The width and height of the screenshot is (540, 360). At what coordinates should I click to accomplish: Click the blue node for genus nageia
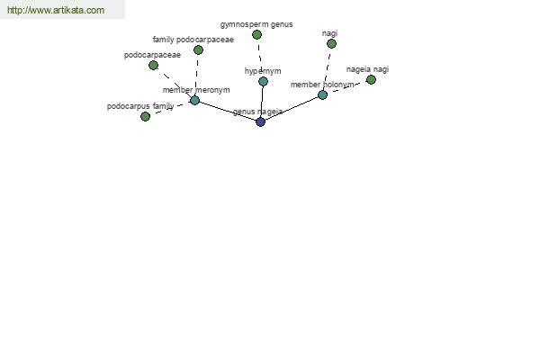(260, 121)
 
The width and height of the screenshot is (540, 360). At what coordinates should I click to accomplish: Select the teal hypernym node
(263, 82)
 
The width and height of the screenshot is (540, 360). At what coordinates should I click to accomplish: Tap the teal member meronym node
(195, 100)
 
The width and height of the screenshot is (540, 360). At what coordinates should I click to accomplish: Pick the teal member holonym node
(323, 94)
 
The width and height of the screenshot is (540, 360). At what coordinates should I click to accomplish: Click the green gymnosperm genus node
(256, 34)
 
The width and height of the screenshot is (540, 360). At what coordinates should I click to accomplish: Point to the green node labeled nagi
(331, 44)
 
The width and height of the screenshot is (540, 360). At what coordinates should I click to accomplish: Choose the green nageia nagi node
(371, 80)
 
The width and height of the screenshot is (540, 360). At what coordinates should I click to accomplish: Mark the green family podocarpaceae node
(198, 50)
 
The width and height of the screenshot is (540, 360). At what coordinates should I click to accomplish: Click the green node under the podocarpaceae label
(154, 65)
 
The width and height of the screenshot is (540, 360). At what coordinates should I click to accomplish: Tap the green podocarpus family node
(145, 116)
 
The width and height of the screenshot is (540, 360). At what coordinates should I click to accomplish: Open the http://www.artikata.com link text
(56, 10)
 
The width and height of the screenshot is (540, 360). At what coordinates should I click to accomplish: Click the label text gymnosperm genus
(256, 24)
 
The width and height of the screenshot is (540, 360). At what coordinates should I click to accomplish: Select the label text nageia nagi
(367, 69)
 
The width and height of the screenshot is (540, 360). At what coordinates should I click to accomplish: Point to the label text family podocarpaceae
(193, 40)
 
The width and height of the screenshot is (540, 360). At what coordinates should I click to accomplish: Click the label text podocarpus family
(140, 106)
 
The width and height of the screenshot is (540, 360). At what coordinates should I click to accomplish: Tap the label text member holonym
(322, 85)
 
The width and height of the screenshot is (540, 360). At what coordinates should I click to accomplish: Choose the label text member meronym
(196, 90)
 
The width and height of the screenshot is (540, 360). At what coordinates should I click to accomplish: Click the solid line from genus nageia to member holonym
(292, 108)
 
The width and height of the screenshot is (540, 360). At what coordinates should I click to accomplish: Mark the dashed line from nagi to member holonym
(328, 69)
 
